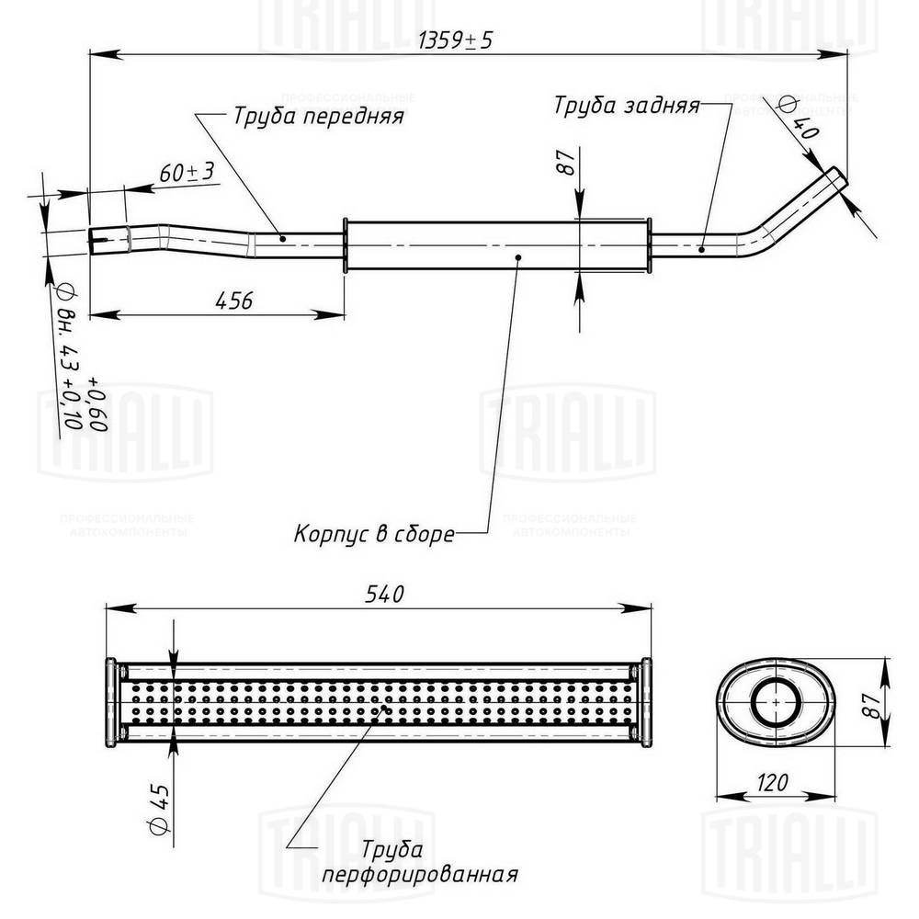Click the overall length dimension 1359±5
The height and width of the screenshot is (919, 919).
pyautogui.click(x=456, y=41)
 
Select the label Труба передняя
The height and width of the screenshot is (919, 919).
pyautogui.click(x=318, y=117)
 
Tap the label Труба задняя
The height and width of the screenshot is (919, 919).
pyautogui.click(x=627, y=105)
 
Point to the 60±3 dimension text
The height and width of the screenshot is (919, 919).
pyautogui.click(x=187, y=172)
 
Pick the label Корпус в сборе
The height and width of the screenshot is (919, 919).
pyautogui.click(x=374, y=533)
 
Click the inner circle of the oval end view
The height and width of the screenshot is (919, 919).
pyautogui.click(x=777, y=703)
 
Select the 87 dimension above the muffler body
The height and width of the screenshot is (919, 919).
pyautogui.click(x=566, y=164)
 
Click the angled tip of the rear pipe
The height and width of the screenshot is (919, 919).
pyautogui.click(x=834, y=179)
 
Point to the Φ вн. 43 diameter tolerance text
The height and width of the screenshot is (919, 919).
pyautogui.click(x=74, y=358)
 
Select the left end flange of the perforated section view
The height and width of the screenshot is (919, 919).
pyautogui.click(x=112, y=703)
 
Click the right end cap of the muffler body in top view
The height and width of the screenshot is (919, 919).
pyautogui.click(x=649, y=244)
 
